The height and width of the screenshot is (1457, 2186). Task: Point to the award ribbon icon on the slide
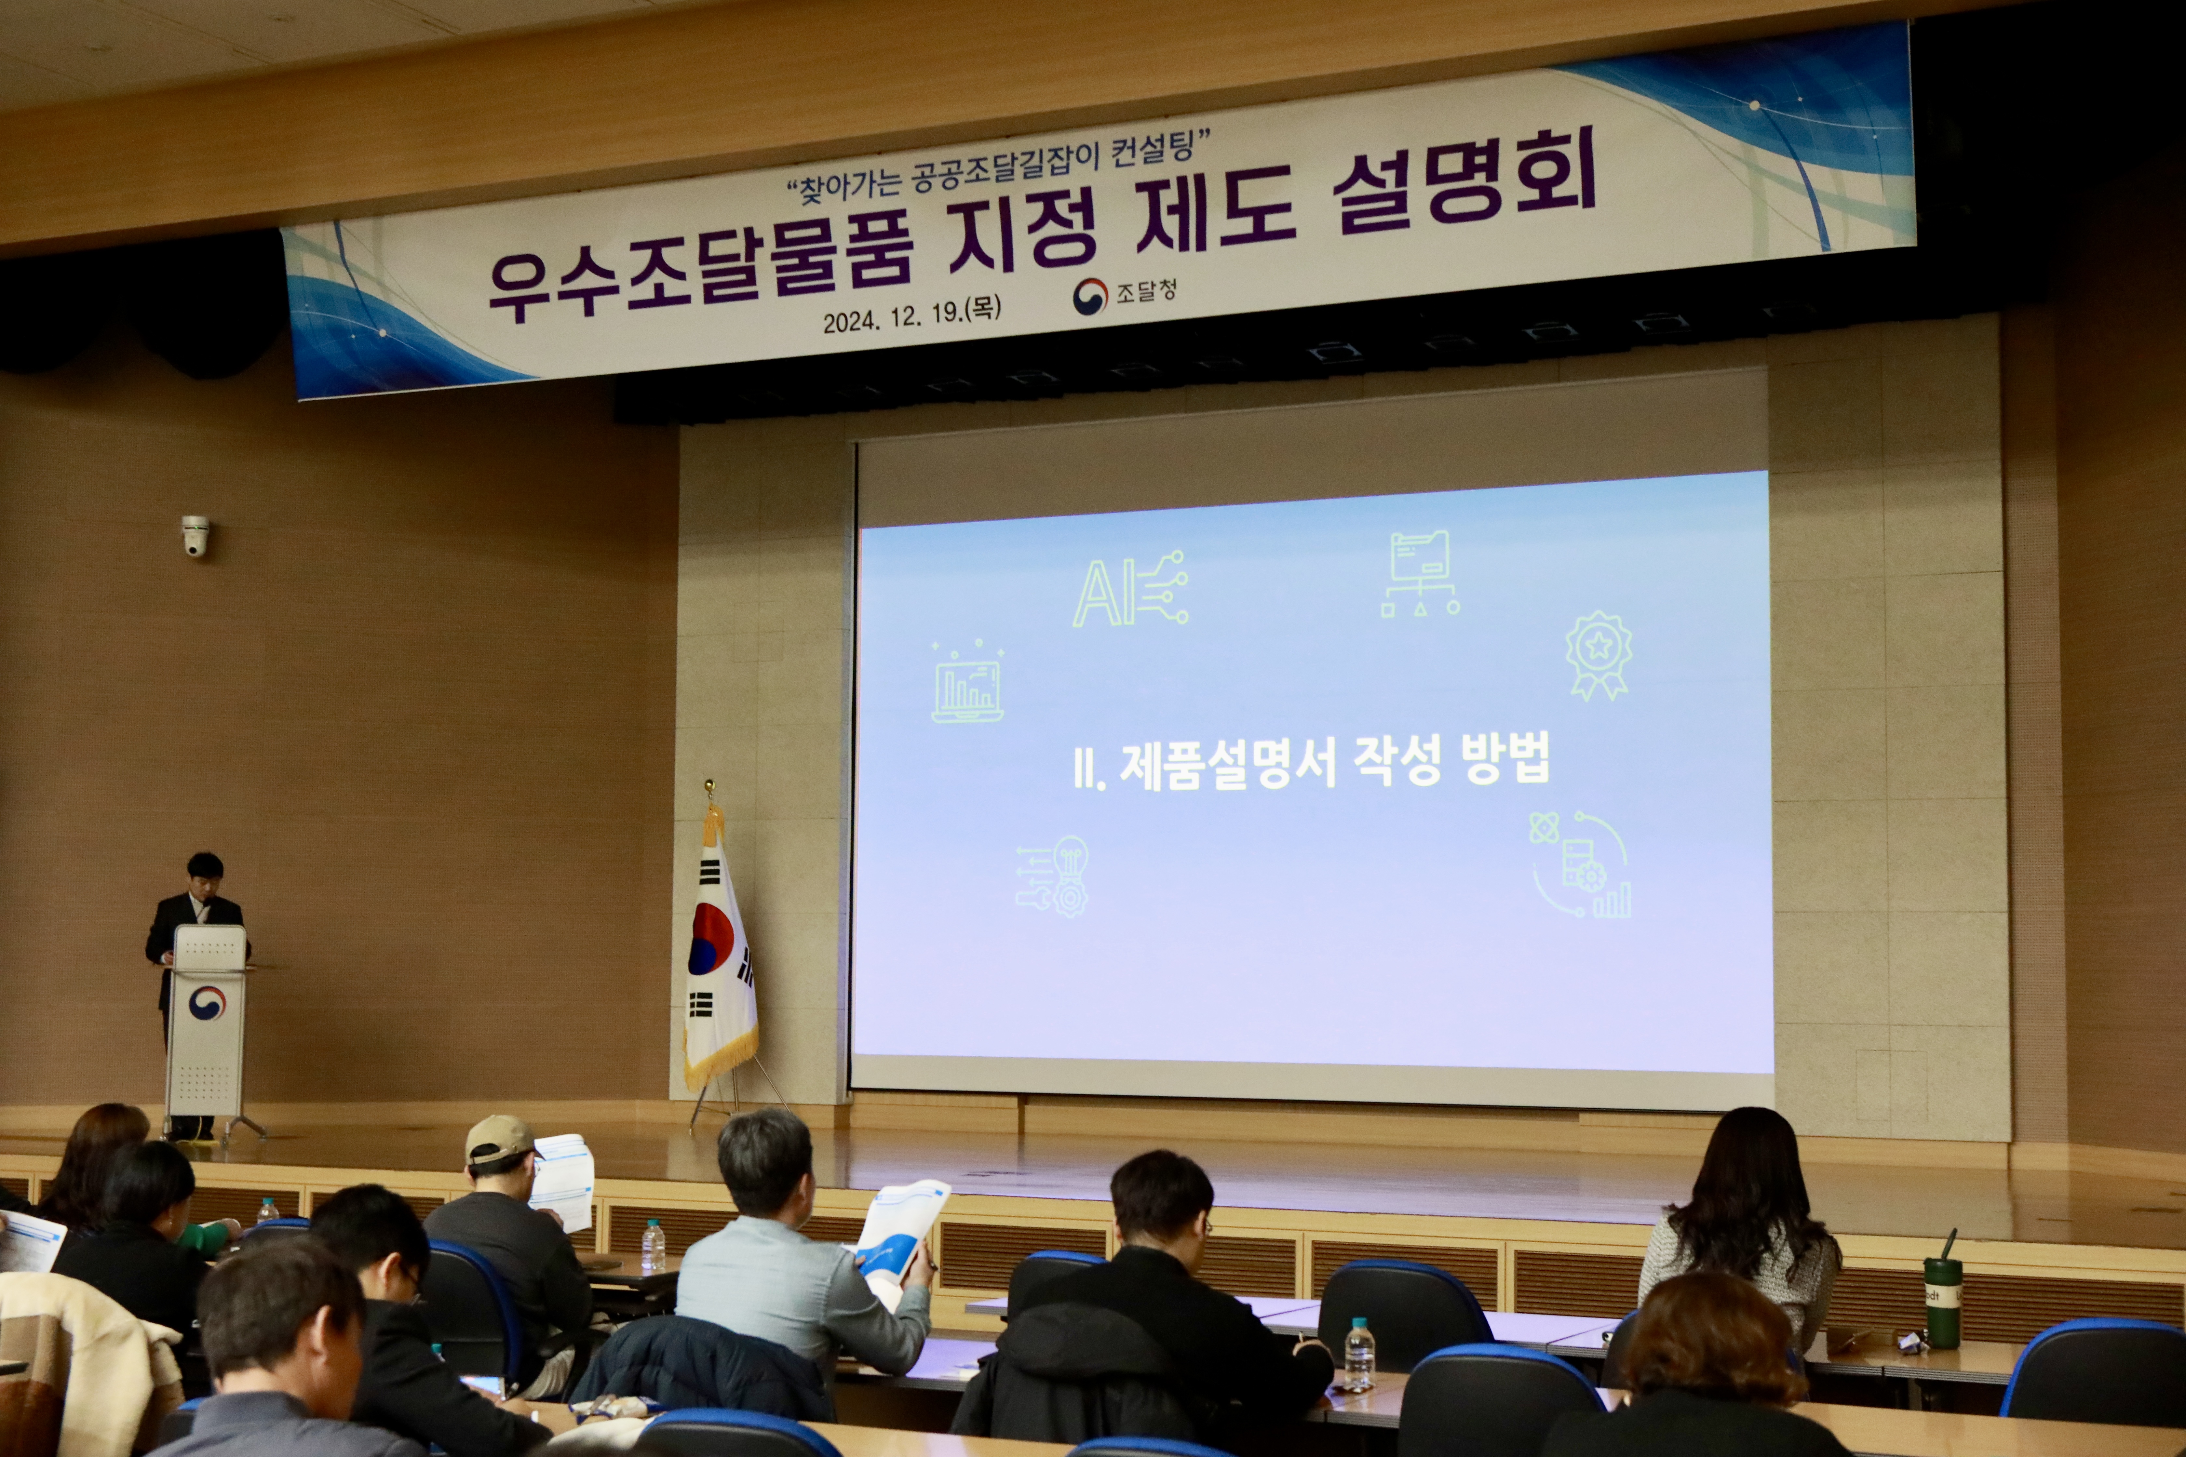pos(1598,654)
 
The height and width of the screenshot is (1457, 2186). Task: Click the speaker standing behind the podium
pos(197,939)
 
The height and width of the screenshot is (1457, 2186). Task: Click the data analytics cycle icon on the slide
pos(1580,864)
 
